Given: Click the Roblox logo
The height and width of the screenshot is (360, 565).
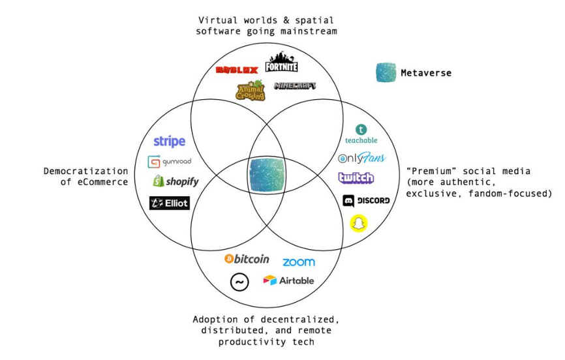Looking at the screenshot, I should pos(236,70).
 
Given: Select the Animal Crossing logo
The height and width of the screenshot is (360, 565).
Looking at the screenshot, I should pos(251,90).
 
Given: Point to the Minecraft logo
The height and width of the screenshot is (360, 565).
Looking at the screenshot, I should pos(295,85).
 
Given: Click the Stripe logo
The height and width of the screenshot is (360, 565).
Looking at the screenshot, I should pos(170,142).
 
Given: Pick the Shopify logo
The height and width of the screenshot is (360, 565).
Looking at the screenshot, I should pos(176,181).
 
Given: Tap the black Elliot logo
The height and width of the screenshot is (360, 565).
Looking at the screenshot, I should pos(170,203).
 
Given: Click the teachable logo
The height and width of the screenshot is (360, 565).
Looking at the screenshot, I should pos(361,134).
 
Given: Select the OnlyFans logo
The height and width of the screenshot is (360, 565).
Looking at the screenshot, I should pos(362,158).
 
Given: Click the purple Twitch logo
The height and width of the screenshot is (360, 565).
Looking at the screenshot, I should pos(356,178).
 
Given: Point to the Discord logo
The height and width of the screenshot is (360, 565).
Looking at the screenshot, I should pos(366,200).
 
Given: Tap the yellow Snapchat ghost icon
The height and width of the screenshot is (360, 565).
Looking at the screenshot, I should pos(358,223).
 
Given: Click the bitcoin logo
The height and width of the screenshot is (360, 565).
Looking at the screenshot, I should pos(247,259).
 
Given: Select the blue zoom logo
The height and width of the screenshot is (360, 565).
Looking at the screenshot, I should pos(299,262).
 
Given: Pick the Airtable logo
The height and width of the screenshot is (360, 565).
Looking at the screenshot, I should pos(288,280).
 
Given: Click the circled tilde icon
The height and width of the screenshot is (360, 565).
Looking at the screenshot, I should pos(239,282).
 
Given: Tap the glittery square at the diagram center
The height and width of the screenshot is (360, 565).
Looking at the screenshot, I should pos(267,175).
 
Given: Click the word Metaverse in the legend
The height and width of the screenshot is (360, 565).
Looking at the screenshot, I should pos(426,73).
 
